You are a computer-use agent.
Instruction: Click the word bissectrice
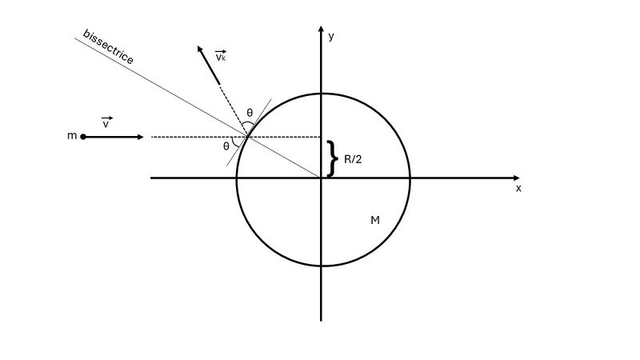pyautogui.click(x=108, y=47)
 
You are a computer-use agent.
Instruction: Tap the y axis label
pyautogui.click(x=331, y=36)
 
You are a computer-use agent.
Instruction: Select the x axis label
pyautogui.click(x=518, y=188)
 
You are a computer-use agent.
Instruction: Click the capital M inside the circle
pyautogui.click(x=375, y=221)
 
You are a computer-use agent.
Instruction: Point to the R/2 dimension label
pyautogui.click(x=353, y=159)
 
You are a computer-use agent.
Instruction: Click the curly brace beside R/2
pyautogui.click(x=333, y=158)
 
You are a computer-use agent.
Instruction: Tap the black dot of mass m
pyautogui.click(x=83, y=137)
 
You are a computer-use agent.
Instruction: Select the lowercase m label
pyautogui.click(x=72, y=135)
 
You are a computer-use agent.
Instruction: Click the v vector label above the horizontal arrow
pyautogui.click(x=106, y=122)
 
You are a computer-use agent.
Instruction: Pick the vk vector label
pyautogui.click(x=221, y=56)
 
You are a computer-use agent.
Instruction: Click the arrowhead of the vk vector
pyautogui.click(x=200, y=49)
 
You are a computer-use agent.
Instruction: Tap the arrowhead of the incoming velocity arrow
pyautogui.click(x=141, y=137)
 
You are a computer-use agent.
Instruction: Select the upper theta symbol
pyautogui.click(x=250, y=113)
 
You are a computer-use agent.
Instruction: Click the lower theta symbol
pyautogui.click(x=226, y=146)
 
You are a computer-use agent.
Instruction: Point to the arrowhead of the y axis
pyautogui.click(x=322, y=28)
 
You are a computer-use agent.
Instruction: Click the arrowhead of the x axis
pyautogui.click(x=517, y=178)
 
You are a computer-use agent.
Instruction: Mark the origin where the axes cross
pyautogui.click(x=322, y=178)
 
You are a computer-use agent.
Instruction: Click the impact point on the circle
pyautogui.click(x=247, y=136)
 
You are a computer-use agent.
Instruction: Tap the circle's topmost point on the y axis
pyautogui.click(x=322, y=94)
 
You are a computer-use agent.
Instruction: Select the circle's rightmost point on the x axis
pyautogui.click(x=410, y=178)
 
